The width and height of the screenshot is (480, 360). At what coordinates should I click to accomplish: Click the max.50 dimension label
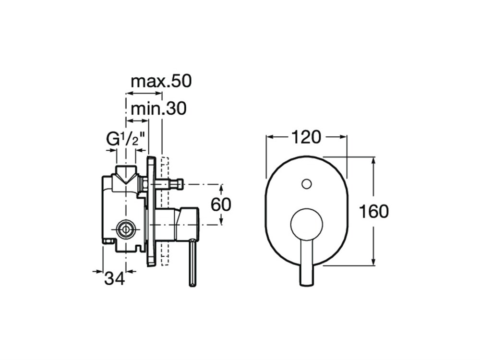pyautogui.click(x=161, y=82)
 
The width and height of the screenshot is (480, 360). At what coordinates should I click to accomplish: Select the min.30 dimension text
pyautogui.click(x=158, y=108)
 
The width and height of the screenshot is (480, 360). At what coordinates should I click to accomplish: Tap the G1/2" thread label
pyautogui.click(x=125, y=139)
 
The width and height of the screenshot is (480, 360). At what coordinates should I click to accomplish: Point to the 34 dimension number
pyautogui.click(x=115, y=278)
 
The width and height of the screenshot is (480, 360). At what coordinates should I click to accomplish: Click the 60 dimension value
pyautogui.click(x=221, y=204)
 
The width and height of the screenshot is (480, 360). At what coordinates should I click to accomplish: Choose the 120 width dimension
pyautogui.click(x=306, y=137)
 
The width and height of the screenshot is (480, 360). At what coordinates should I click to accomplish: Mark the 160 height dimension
pyautogui.click(x=374, y=211)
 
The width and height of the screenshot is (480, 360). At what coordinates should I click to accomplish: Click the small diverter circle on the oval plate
pyautogui.click(x=306, y=184)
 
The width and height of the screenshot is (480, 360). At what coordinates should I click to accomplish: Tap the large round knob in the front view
pyautogui.click(x=306, y=225)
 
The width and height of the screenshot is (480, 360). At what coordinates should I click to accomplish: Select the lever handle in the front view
pyautogui.click(x=306, y=263)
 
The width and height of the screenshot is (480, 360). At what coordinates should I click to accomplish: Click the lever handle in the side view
pyautogui.click(x=192, y=263)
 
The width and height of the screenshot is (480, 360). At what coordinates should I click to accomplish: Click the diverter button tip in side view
pyautogui.click(x=178, y=184)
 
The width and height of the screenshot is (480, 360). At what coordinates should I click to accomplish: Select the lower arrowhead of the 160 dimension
pyautogui.click(x=373, y=261)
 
